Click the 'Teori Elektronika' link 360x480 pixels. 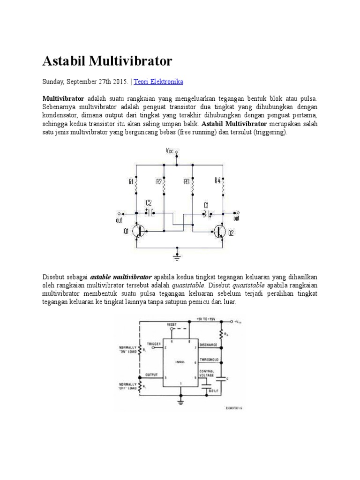(x=159, y=82)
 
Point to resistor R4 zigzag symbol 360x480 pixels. (x=224, y=187)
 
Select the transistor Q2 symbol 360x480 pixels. (x=220, y=231)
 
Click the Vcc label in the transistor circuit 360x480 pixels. (x=169, y=151)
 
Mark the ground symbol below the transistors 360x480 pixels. (x=177, y=256)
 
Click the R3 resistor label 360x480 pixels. (x=186, y=181)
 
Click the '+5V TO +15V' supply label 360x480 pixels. (x=204, y=318)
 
